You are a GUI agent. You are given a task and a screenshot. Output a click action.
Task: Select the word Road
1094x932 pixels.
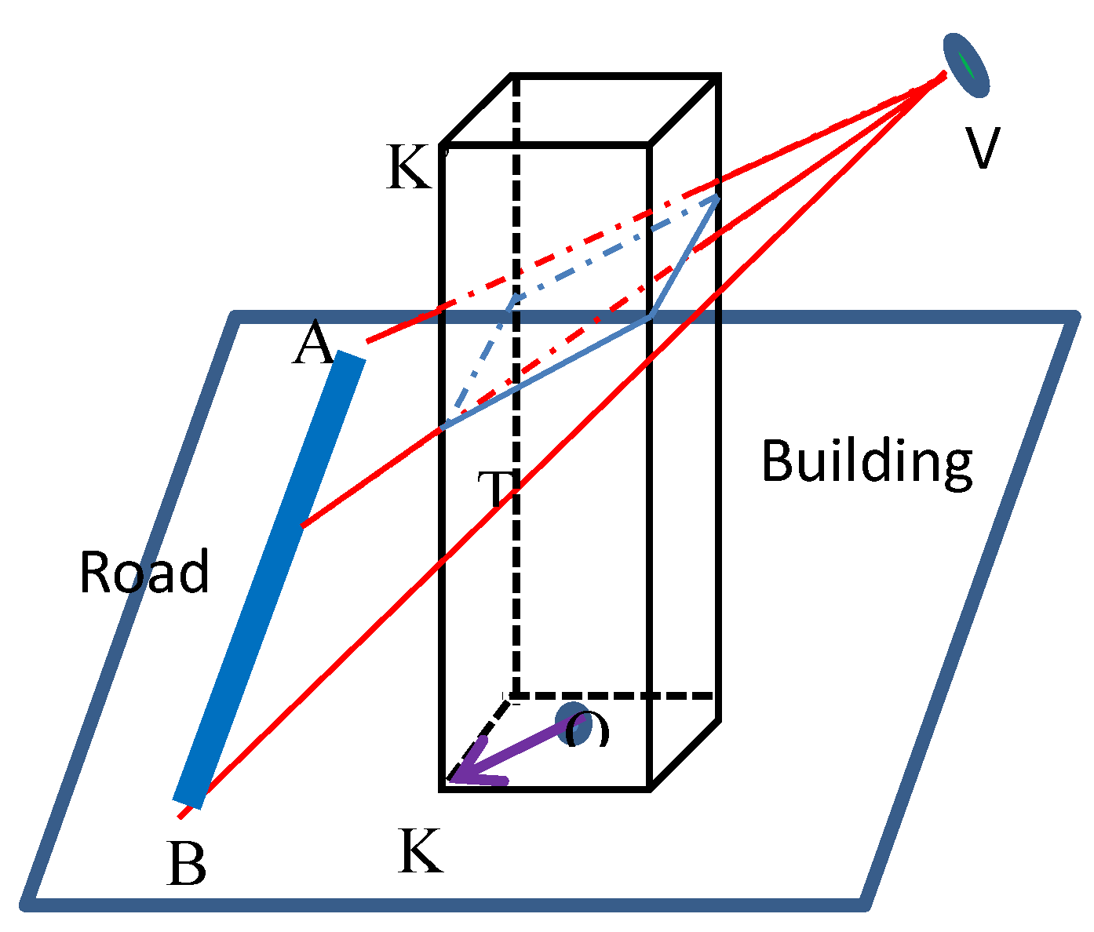click(x=144, y=572)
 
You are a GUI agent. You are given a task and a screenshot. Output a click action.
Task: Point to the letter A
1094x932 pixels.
click(x=312, y=346)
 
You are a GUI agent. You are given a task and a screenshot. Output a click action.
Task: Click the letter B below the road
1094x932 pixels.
click(x=187, y=864)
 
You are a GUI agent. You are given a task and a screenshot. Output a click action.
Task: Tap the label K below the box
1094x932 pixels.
click(x=421, y=851)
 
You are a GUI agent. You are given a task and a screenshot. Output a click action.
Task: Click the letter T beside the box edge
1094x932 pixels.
click(x=496, y=490)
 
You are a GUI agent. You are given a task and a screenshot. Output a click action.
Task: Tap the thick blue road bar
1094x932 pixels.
click(x=267, y=581)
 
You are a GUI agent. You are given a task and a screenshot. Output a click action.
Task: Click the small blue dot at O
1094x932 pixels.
click(x=571, y=720)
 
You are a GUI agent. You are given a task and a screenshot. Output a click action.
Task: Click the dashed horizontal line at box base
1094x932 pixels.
click(x=612, y=695)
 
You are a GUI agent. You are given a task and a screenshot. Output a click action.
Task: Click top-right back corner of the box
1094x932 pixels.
click(x=717, y=76)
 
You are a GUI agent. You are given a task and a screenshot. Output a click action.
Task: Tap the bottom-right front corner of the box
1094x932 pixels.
click(x=648, y=788)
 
